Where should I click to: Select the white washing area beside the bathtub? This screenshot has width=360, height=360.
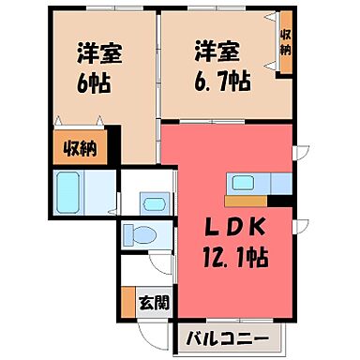[103, 194]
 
